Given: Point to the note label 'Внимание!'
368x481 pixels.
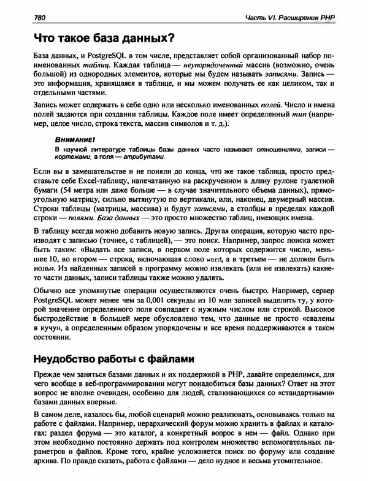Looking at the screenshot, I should (x=71, y=139).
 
